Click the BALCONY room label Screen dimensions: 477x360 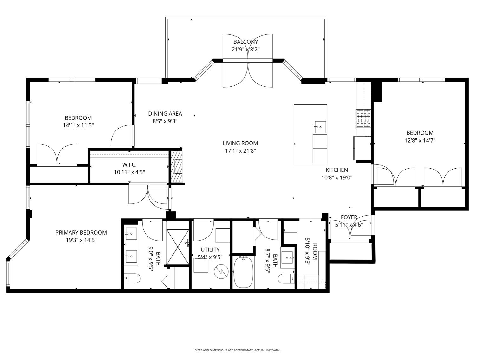click(245, 42)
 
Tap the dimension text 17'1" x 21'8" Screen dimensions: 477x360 click(240, 151)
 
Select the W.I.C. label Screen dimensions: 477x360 click(129, 165)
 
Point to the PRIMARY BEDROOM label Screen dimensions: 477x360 click(81, 232)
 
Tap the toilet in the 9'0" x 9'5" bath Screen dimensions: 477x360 click(132, 278)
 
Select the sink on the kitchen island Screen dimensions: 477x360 click(320, 127)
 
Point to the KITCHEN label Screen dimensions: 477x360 click(337, 170)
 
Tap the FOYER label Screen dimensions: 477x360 click(349, 217)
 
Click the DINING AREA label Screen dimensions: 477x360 click(165, 114)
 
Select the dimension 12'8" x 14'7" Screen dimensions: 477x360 click(420, 140)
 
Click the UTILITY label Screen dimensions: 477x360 click(210, 250)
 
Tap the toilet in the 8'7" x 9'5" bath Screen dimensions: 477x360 click(286, 278)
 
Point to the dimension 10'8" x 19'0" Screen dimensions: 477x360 click(337, 177)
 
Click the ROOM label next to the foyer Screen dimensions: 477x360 click(315, 252)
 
